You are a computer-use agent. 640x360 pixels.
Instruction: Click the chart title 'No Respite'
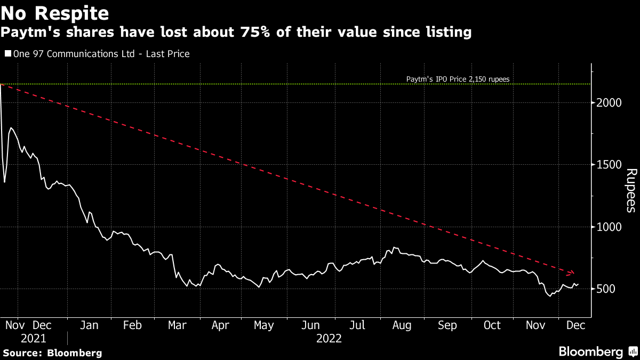pyautogui.click(x=55, y=13)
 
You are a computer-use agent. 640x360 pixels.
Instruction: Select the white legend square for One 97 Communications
pyautogui.click(x=7, y=54)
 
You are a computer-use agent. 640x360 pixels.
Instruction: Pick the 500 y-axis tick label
pyautogui.click(x=605, y=289)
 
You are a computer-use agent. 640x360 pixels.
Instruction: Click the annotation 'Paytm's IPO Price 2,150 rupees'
pyautogui.click(x=457, y=79)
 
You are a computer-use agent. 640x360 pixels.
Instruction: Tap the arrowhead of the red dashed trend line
pyautogui.click(x=573, y=273)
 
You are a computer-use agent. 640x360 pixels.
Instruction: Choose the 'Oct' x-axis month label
pyautogui.click(x=492, y=325)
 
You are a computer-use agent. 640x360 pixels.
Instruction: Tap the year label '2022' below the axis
pyautogui.click(x=329, y=338)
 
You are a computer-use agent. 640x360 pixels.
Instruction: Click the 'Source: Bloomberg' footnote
pyautogui.click(x=52, y=353)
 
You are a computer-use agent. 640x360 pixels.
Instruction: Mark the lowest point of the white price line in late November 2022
pyautogui.click(x=550, y=295)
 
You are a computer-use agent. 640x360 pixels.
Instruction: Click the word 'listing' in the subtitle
pyautogui.click(x=450, y=33)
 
